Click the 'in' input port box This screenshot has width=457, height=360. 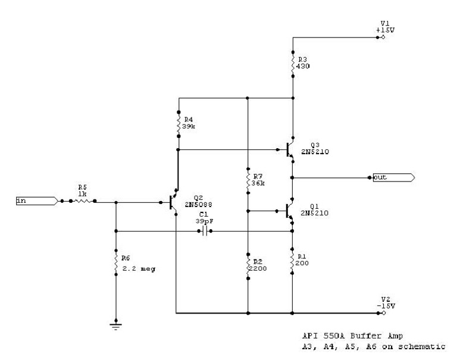(x=36, y=202)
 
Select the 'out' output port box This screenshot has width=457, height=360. (x=393, y=177)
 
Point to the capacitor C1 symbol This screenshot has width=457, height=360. (x=204, y=231)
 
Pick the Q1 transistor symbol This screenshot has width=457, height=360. (x=289, y=210)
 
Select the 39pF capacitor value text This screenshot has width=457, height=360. (x=204, y=220)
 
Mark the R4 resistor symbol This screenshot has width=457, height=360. (x=178, y=123)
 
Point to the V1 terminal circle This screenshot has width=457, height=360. (x=383, y=37)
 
